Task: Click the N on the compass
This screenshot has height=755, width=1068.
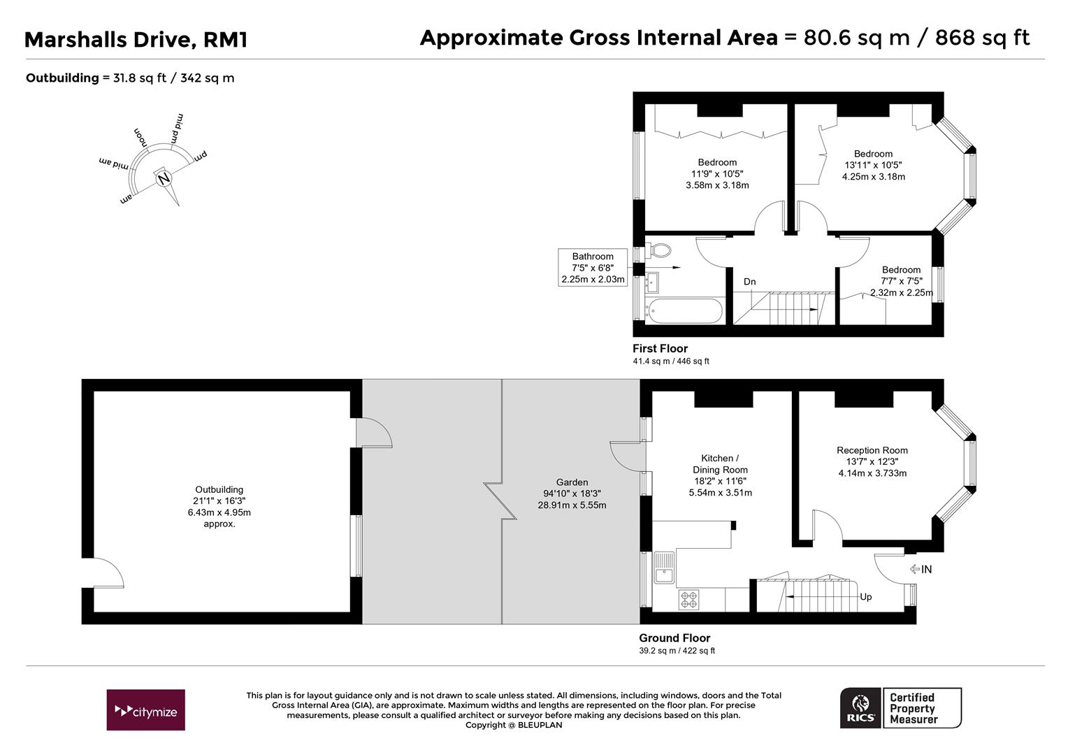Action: tap(164, 179)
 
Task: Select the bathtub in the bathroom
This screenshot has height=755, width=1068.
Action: tap(683, 311)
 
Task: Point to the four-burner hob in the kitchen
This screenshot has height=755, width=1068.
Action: tap(688, 599)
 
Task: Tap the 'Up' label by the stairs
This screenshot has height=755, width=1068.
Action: tap(865, 597)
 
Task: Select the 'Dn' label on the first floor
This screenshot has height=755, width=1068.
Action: tap(749, 282)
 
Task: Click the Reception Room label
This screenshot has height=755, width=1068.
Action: tap(872, 450)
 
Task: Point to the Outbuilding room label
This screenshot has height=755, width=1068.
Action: tap(219, 490)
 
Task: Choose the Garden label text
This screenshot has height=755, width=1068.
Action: tap(572, 482)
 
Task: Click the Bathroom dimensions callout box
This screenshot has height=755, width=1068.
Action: tap(593, 268)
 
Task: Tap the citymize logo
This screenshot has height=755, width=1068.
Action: tap(146, 710)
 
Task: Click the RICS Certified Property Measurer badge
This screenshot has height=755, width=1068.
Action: tap(900, 708)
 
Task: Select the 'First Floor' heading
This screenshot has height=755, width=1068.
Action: tap(660, 348)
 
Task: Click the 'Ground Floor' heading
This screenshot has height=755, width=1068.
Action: tap(674, 638)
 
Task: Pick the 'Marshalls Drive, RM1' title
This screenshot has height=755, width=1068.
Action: tap(136, 40)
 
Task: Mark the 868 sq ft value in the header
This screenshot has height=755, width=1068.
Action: tap(982, 37)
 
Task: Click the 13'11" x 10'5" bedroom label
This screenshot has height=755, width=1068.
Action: tap(873, 165)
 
